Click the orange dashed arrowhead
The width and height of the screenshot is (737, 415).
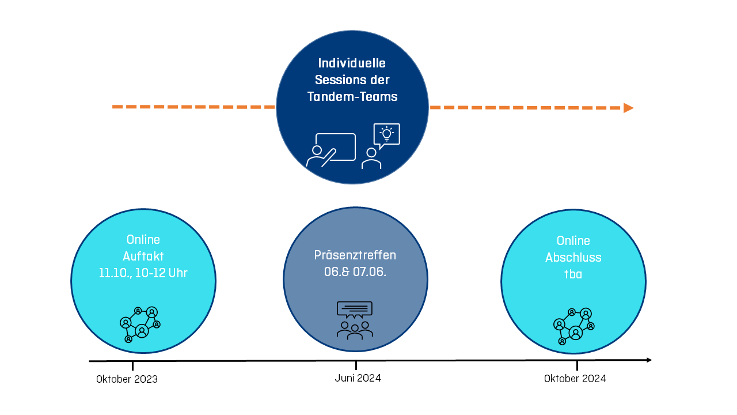(x=628, y=108)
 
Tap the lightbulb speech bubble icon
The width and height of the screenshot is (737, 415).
(x=386, y=135)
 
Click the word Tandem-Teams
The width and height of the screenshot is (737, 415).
(x=352, y=97)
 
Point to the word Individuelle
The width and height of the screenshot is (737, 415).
(x=352, y=63)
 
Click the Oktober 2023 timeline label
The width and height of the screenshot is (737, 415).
(x=127, y=379)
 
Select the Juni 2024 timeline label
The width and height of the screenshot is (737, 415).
(x=358, y=378)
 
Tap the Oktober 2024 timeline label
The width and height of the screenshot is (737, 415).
(x=575, y=379)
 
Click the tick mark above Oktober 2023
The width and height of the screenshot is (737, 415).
(x=132, y=365)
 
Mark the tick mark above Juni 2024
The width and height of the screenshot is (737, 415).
(x=356, y=365)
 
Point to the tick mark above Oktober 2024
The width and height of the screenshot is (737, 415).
(x=577, y=365)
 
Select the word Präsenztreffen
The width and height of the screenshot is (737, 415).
(x=355, y=255)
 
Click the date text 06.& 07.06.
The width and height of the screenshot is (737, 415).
(x=355, y=272)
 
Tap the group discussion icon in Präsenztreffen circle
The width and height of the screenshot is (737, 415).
(x=355, y=319)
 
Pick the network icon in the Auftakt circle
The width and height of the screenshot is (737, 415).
(x=140, y=325)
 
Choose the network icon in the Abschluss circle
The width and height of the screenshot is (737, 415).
(x=573, y=326)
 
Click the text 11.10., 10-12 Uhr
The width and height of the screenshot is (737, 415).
(x=143, y=273)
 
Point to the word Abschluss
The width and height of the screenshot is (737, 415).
(x=573, y=258)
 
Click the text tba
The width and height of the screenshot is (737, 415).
(x=573, y=274)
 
